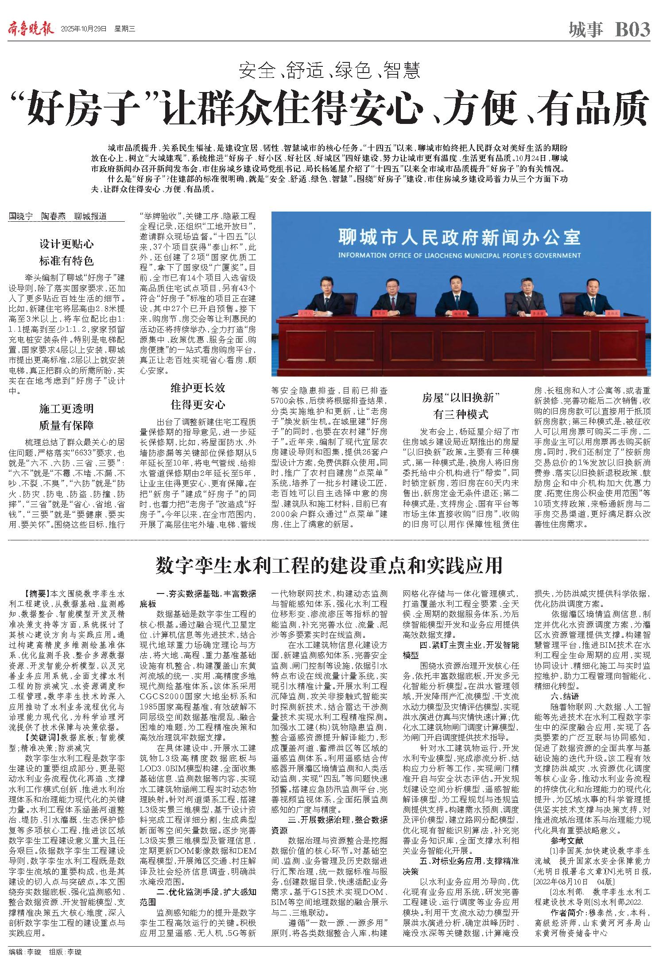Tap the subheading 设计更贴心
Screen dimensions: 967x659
point(66,244)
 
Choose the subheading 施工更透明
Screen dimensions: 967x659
point(66,408)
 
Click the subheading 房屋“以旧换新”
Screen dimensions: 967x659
point(461,397)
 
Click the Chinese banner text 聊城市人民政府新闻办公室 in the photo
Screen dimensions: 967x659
point(459,237)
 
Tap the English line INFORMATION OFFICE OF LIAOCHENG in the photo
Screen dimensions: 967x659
point(459,255)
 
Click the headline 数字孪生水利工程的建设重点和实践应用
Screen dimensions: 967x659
point(329,566)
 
